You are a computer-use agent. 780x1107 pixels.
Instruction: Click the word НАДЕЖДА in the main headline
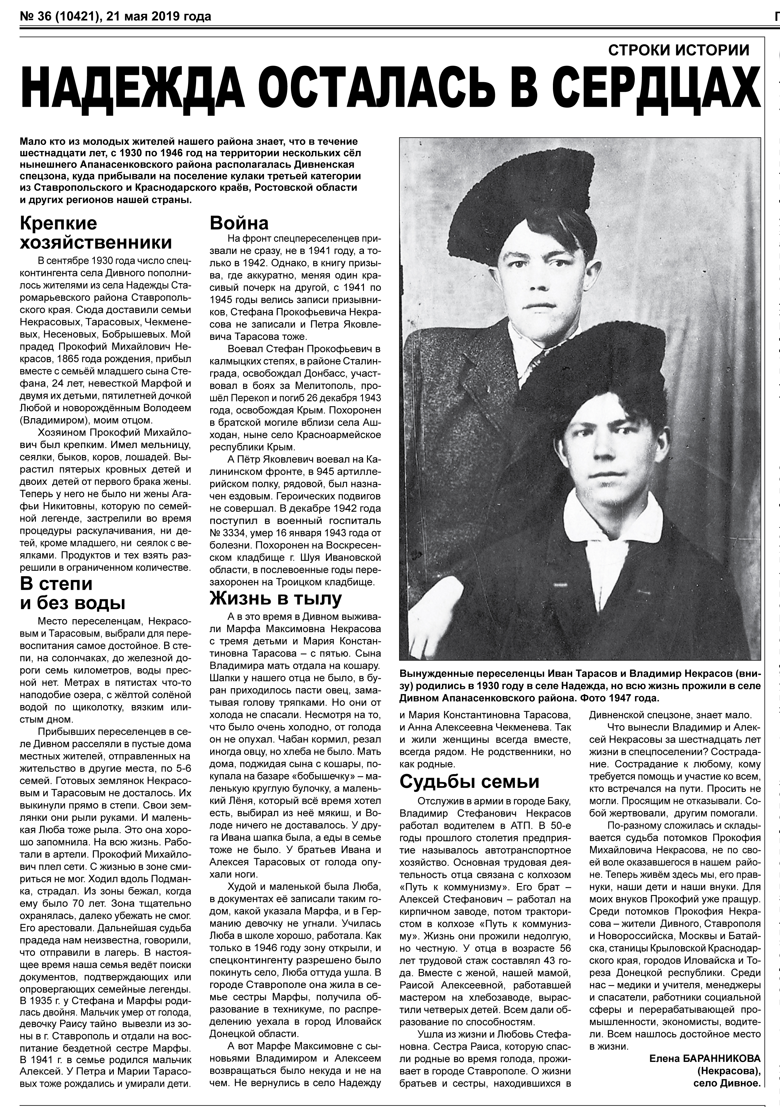[130, 88]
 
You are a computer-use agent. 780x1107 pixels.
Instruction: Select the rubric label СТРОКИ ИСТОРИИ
[679, 50]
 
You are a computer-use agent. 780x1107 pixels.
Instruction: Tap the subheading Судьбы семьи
[469, 781]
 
